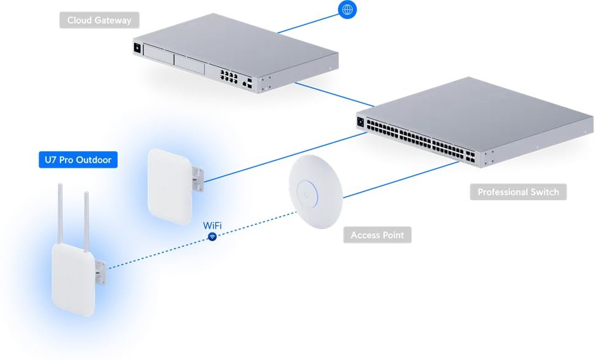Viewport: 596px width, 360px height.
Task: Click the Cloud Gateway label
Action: click(99, 20)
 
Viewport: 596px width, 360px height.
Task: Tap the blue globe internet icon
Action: click(347, 10)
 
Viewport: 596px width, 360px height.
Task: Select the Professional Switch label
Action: click(518, 192)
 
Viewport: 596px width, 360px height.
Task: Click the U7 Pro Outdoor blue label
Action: click(78, 160)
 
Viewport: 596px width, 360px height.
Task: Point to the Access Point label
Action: click(377, 235)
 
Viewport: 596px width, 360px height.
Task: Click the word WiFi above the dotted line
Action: click(212, 225)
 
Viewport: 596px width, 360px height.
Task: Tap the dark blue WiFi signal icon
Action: click(213, 236)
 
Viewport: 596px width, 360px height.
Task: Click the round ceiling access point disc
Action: click(316, 192)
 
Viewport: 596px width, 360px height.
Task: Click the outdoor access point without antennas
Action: click(170, 186)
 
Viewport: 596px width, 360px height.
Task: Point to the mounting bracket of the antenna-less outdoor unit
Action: click(198, 179)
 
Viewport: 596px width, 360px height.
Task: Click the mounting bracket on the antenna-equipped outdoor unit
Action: click(100, 272)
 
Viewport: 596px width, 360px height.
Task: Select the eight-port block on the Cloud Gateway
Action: click(229, 77)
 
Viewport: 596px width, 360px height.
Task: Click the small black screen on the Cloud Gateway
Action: click(137, 48)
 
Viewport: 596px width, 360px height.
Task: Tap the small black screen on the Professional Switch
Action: click(360, 122)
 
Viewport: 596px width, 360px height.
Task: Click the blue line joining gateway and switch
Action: click(334, 94)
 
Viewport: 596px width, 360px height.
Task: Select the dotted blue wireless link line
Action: click(202, 241)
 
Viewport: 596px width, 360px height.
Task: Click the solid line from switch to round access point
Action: click(401, 179)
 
